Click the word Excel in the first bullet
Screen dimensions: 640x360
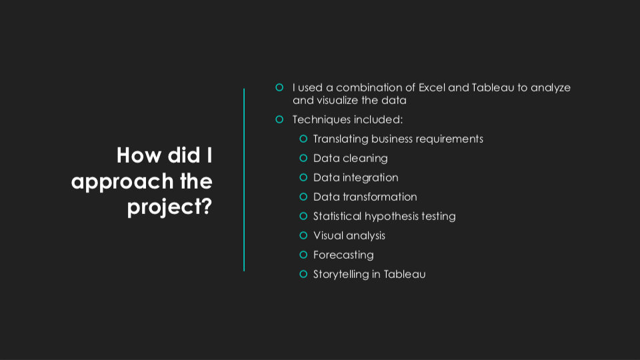point(431,87)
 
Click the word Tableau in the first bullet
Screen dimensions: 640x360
point(493,87)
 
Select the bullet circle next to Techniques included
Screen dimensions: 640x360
point(279,119)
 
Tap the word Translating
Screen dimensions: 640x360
point(341,139)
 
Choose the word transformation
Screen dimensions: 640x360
point(379,197)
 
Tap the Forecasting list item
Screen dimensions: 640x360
point(343,255)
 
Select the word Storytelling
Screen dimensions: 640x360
point(341,274)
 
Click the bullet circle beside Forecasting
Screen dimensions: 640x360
point(303,255)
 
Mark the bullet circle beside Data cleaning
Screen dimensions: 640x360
point(303,158)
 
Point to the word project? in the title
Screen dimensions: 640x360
point(169,207)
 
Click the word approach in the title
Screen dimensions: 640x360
point(123,182)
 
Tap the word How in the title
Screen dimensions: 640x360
point(139,155)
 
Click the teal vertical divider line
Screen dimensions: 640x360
point(244,179)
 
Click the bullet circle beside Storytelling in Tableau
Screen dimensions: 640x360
point(303,274)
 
